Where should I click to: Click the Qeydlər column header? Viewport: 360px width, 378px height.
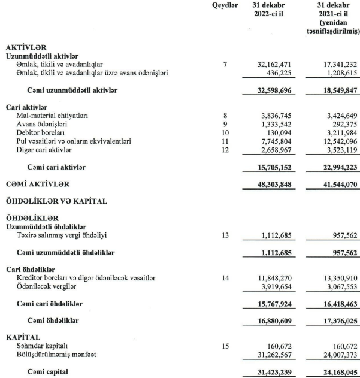tap(225, 6)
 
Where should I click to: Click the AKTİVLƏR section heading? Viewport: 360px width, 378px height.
tap(25, 46)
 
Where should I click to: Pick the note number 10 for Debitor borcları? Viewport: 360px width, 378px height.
tap(225, 132)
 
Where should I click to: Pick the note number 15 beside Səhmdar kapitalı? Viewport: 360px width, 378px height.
tap(225, 346)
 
